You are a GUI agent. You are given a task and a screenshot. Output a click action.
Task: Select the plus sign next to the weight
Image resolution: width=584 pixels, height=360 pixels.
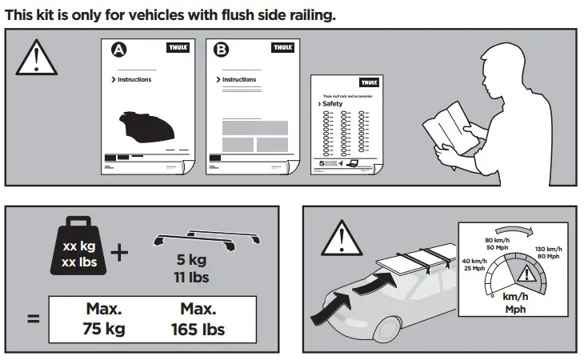point(120,254)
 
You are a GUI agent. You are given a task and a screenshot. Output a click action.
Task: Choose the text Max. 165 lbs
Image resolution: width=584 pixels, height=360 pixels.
point(197,318)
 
